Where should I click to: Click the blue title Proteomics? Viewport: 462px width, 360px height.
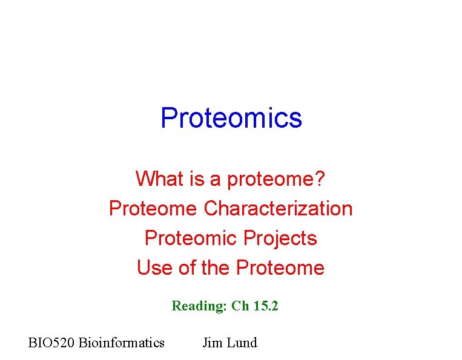[x=231, y=118]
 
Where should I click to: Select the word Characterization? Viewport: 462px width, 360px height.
[x=278, y=208]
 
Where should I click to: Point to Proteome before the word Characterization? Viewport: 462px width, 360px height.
[x=153, y=208]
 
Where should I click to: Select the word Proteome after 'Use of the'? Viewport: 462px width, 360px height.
[x=280, y=267]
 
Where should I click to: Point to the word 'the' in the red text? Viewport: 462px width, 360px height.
[x=215, y=267]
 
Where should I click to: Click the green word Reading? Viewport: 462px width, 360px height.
[x=199, y=306]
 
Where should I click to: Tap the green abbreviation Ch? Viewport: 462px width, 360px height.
[x=240, y=306]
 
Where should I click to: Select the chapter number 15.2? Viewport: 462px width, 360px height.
[x=266, y=306]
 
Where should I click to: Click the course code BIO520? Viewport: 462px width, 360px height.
[x=51, y=343]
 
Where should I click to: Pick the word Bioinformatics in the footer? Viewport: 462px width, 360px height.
[x=121, y=343]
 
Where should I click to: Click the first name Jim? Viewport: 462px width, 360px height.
[x=212, y=343]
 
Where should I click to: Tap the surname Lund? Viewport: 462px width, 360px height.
[x=242, y=343]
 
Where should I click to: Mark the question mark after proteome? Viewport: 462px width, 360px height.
[x=320, y=178]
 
